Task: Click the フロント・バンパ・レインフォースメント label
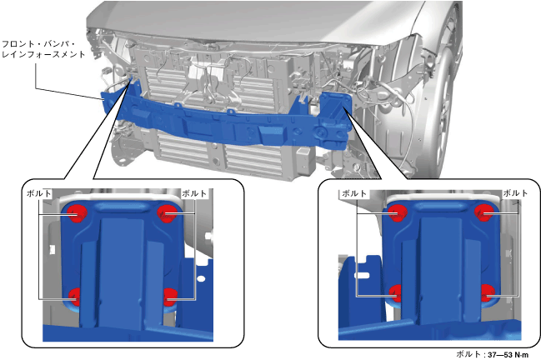43,49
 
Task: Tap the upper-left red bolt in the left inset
76,212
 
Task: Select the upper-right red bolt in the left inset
167,213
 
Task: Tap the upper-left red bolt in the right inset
398,212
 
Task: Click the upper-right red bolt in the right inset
483,212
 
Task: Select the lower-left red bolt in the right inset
396,293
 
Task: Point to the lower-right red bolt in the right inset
487,292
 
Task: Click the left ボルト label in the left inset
39,193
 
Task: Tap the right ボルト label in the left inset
194,193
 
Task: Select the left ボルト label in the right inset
354,193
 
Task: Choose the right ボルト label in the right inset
515,193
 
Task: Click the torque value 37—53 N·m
508,354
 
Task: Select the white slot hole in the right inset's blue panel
362,275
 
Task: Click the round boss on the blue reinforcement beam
321,132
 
